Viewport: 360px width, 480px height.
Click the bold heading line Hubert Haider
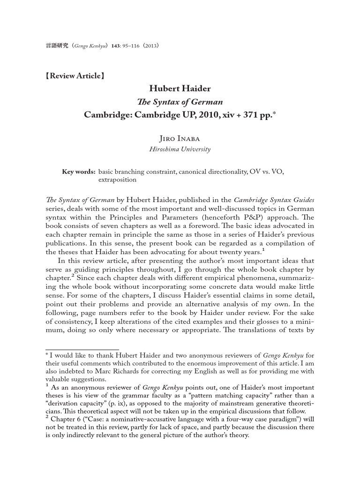[180, 89]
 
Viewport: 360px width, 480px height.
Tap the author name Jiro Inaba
[180, 138]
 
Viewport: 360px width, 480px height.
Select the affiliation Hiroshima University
[180, 150]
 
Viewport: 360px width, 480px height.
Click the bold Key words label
[79, 172]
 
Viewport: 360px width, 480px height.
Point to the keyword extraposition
[117, 180]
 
